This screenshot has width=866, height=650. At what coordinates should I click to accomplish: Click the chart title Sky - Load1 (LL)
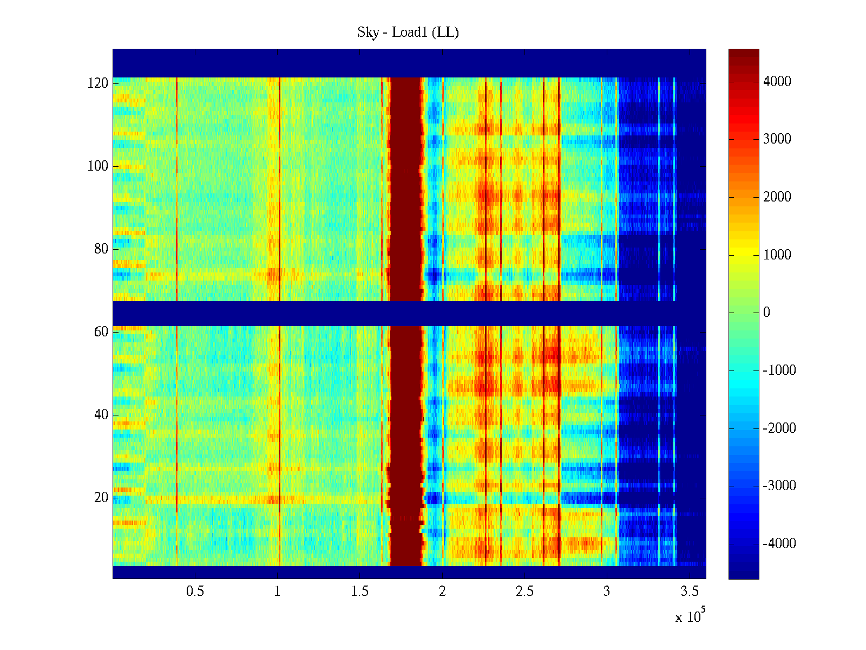point(408,32)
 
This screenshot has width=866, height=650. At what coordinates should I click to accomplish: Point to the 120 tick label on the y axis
point(97,83)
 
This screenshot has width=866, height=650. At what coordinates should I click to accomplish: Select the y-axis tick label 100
point(97,166)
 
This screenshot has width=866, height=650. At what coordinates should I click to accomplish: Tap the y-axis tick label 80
point(101,249)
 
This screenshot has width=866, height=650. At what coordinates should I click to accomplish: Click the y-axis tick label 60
point(101,331)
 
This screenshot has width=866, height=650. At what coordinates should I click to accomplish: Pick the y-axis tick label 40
point(101,414)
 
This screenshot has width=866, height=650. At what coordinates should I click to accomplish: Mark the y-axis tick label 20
point(101,497)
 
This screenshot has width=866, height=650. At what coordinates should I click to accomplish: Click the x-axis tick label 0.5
point(195,591)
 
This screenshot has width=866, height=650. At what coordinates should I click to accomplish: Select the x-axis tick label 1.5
point(360,591)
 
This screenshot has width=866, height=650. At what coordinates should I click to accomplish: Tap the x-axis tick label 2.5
point(524,591)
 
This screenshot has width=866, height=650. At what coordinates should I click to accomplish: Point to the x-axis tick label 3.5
point(690,591)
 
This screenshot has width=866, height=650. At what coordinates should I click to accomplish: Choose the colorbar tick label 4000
point(777,82)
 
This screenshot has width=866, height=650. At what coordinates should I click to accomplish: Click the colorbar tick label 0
point(766,313)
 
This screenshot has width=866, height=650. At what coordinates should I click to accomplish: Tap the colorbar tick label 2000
point(777,197)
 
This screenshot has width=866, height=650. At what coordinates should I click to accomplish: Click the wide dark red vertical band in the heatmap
point(406,217)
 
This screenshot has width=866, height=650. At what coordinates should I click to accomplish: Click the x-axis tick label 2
point(442,591)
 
